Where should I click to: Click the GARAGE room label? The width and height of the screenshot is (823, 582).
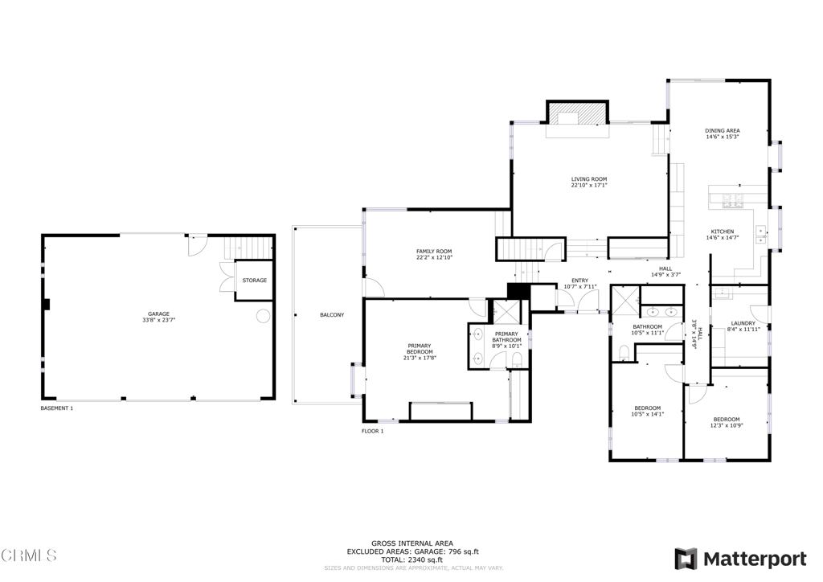(x=158, y=314)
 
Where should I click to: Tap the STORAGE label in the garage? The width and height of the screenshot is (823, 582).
(x=255, y=281)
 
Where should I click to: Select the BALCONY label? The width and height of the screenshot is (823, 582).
(x=331, y=315)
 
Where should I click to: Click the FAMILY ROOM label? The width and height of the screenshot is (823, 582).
(x=434, y=252)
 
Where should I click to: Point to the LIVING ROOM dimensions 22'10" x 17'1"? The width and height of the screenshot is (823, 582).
(x=588, y=186)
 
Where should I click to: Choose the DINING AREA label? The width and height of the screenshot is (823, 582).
(x=722, y=130)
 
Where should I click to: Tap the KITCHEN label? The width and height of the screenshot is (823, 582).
(x=722, y=232)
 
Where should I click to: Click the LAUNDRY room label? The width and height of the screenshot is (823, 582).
(x=743, y=324)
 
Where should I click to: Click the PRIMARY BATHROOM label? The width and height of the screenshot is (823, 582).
(x=506, y=337)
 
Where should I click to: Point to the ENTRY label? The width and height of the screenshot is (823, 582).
(x=579, y=281)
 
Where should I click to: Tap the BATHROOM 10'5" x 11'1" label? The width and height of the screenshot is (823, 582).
(x=647, y=327)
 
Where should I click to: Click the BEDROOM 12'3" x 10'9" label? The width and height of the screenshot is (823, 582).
(x=727, y=420)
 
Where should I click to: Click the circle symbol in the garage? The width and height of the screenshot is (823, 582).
(x=263, y=317)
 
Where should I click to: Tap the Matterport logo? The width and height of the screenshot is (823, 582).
(x=740, y=558)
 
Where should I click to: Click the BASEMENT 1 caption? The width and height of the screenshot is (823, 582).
(x=57, y=408)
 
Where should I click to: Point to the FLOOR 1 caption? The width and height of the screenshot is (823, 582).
(x=372, y=432)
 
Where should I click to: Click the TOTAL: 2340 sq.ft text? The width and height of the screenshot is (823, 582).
(x=411, y=559)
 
